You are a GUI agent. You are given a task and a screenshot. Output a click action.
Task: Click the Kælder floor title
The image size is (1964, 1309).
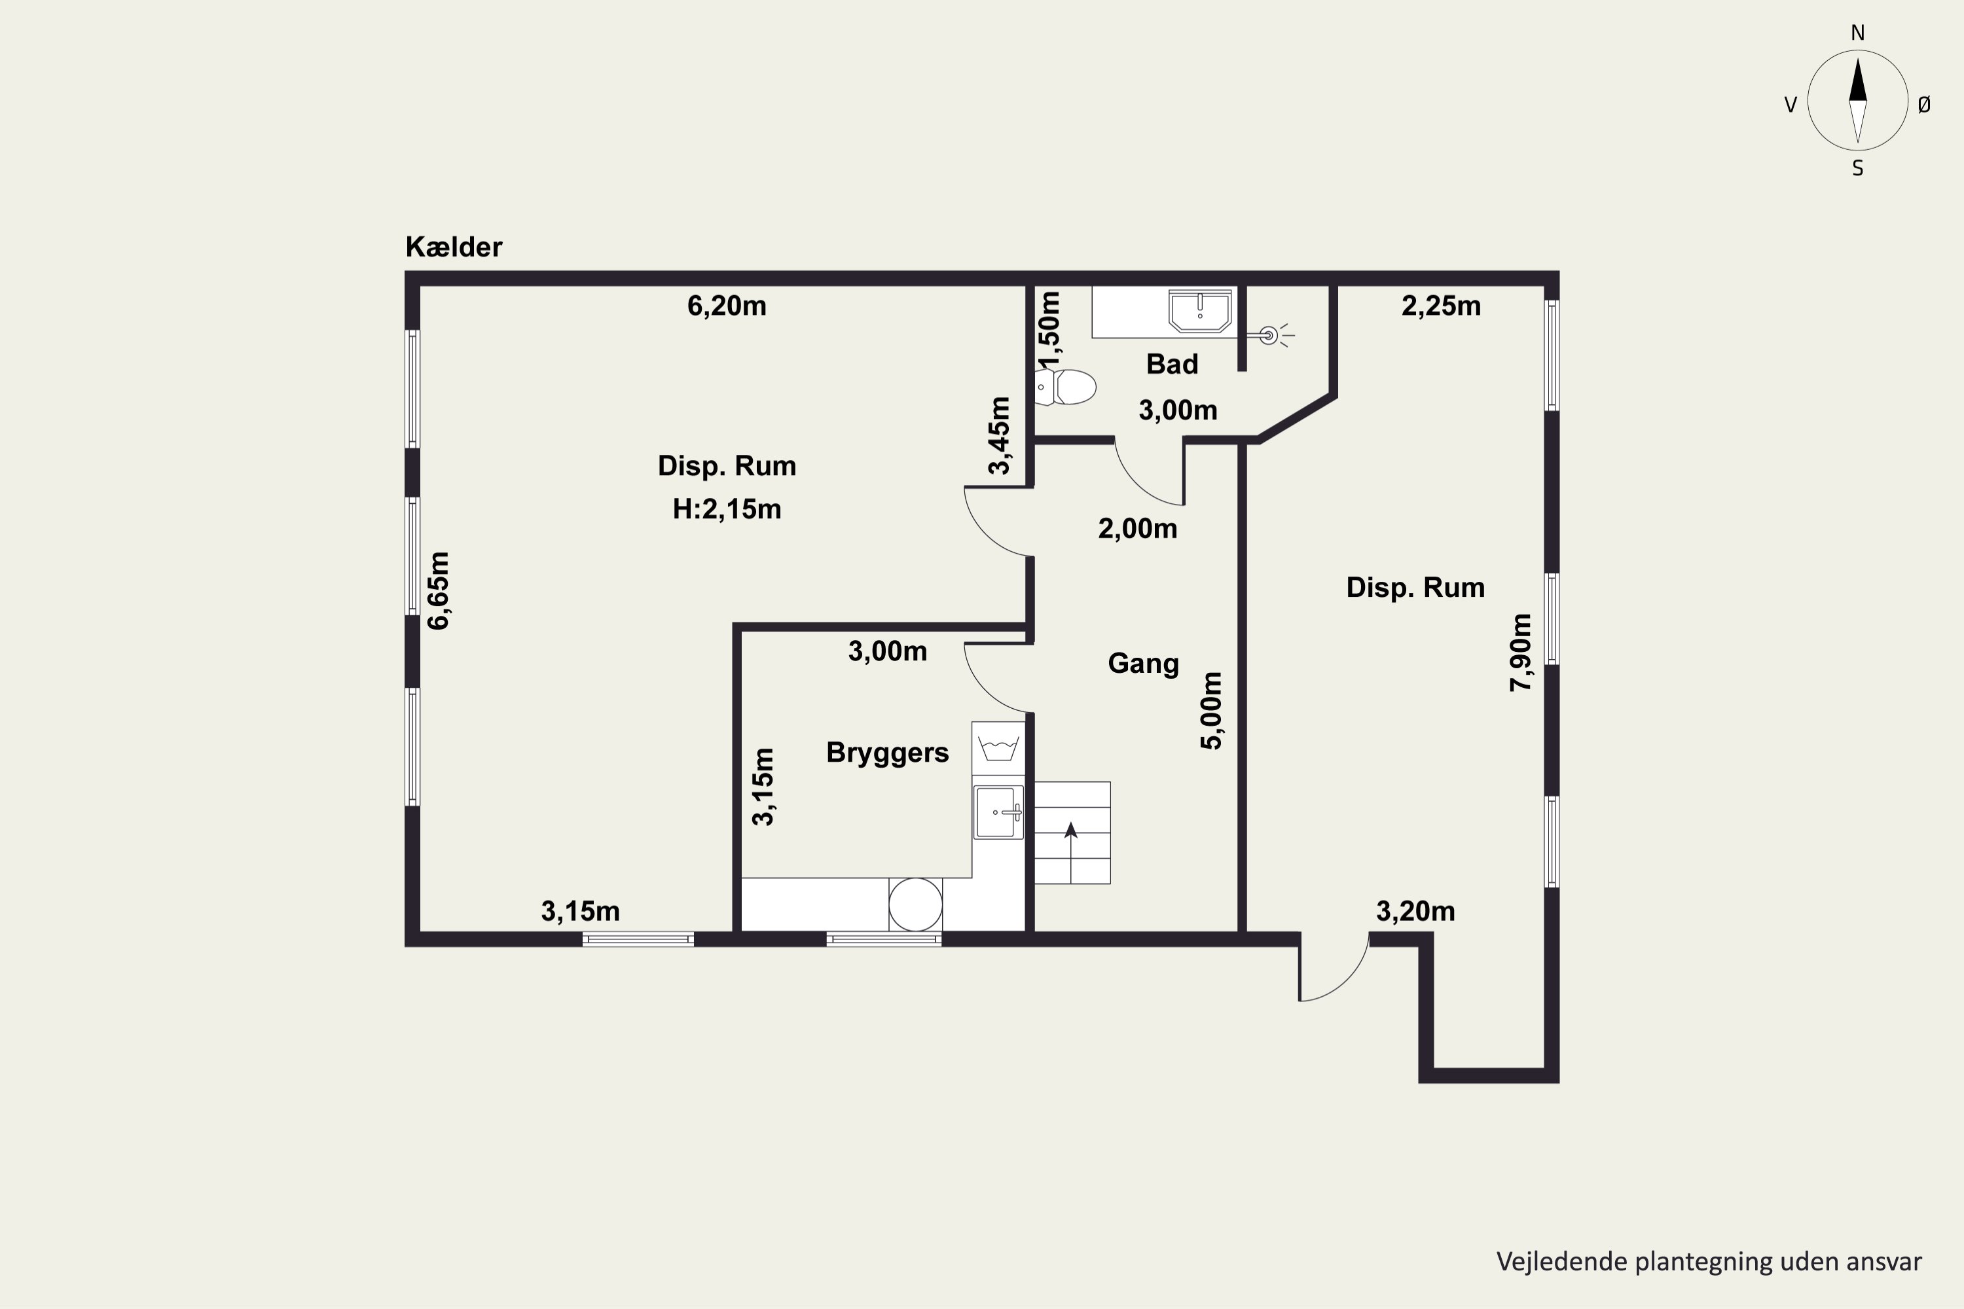[454, 247]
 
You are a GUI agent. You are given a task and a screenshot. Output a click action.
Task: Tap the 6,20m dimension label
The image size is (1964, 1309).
[727, 306]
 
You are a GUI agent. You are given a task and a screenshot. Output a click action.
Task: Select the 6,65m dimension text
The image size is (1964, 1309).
[439, 590]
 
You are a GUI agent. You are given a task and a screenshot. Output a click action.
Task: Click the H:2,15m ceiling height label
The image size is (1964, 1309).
[727, 509]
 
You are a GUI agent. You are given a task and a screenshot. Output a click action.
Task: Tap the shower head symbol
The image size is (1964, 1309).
[1269, 336]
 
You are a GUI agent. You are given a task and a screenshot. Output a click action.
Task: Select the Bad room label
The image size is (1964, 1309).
[1172, 364]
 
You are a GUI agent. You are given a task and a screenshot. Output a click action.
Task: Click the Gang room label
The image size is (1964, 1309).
[1143, 664]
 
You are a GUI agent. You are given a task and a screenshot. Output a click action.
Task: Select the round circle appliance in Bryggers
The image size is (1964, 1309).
[915, 904]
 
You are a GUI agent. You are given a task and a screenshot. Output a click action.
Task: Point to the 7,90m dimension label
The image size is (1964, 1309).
[1521, 653]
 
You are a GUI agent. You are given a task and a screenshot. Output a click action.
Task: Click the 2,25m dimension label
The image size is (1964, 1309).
[1442, 306]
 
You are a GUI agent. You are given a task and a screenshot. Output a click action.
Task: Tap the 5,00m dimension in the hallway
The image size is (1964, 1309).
[1212, 710]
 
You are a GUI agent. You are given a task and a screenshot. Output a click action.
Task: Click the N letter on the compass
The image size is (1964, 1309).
[1858, 33]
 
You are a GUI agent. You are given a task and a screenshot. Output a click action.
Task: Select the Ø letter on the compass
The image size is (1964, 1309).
[1924, 104]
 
